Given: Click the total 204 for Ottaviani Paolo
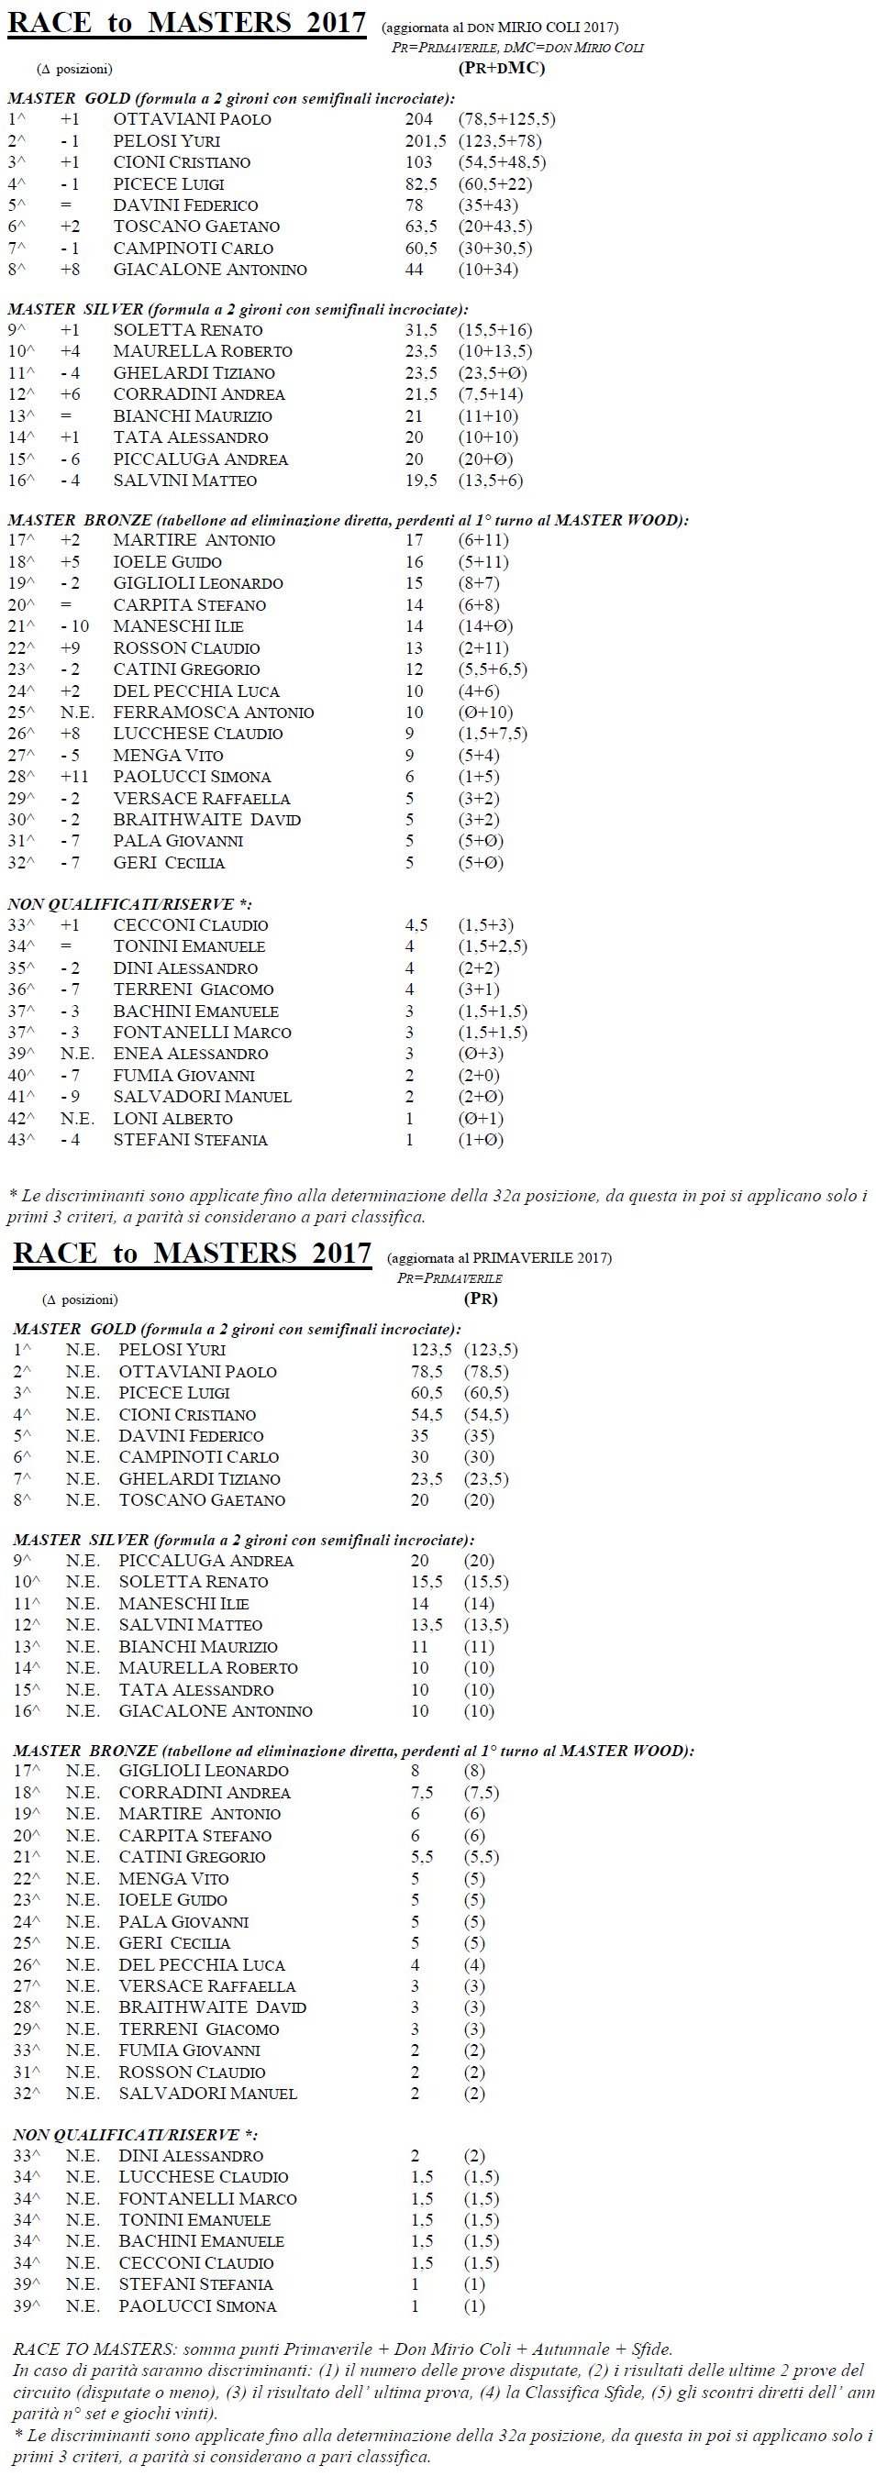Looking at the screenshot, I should pos(418,119).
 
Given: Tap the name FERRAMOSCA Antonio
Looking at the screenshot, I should pos(214,713).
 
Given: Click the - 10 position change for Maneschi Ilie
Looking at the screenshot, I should pos(73,626).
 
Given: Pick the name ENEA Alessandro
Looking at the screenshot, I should pos(191,1054).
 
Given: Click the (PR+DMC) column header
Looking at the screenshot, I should pos(501,67).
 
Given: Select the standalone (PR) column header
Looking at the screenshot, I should pos(480,1299).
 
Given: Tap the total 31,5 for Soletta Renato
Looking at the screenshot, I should pos(421,330).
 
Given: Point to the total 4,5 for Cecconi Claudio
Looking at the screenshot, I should pos(416,924).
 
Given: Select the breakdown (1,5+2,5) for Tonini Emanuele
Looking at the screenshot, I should pos(493,946).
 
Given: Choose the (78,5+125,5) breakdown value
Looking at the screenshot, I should pos(506,119).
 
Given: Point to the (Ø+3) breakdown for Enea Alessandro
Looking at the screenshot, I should pos(481,1054).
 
